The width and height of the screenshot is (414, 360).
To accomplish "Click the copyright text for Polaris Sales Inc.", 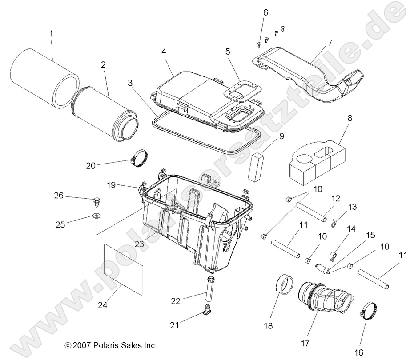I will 111,345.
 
